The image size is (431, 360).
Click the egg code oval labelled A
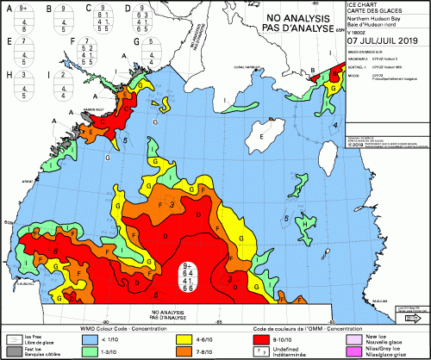[x=23, y=21]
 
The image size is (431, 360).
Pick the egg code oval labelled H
[x=23, y=86]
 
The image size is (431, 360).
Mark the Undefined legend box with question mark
[x=271, y=351]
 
